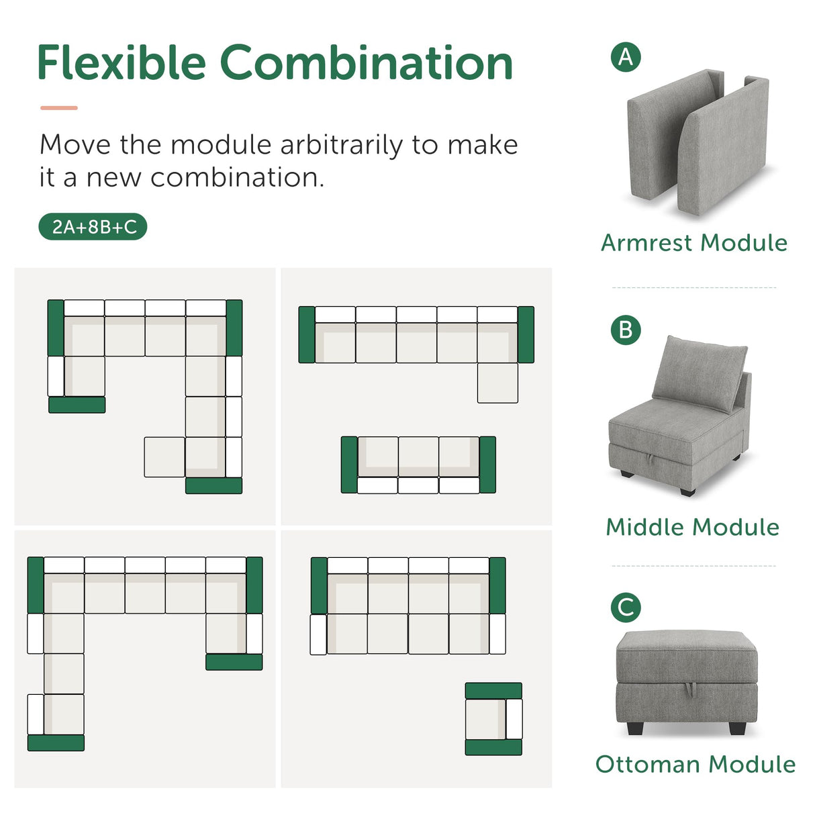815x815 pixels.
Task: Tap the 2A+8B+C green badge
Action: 93,227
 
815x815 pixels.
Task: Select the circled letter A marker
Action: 626,57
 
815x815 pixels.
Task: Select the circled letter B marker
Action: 626,330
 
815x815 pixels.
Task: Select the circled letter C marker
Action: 626,608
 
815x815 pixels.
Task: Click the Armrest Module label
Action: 694,243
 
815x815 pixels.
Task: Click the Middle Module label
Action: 692,527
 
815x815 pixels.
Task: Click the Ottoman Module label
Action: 695,764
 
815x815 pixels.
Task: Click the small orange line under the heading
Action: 59,107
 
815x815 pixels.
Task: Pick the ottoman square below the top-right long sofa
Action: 497,383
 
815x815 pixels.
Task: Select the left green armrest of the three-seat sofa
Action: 349,465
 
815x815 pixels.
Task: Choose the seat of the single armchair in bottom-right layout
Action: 485,718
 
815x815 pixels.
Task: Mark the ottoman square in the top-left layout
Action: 164,457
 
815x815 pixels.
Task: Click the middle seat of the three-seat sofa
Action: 418,457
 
